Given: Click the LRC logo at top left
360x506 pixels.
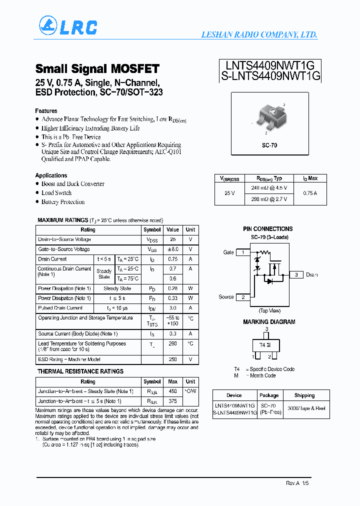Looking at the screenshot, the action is (68, 27).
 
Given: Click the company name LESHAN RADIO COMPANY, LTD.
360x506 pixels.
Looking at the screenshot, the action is (259, 34).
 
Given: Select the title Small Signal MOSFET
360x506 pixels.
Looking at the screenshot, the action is (97, 68).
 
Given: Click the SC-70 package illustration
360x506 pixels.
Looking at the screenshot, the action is (269, 117).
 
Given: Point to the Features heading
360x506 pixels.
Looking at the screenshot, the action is (46, 110).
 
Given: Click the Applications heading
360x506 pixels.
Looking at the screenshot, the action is (51, 175).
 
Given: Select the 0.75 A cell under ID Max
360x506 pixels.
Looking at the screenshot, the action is (310, 192).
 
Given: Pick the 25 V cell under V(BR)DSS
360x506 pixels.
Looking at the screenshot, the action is (229, 192).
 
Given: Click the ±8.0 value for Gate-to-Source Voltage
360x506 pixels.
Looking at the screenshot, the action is (172, 249).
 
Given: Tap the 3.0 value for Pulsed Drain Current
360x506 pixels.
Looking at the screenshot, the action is (172, 308).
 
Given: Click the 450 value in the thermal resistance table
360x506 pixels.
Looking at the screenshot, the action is (172, 391).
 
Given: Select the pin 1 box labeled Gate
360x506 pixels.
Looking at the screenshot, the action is (243, 252).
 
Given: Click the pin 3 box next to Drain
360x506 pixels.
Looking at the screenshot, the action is (296, 274).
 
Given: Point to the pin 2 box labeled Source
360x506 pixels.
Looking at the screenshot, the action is (243, 297).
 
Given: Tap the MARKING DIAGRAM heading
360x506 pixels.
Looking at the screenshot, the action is (269, 322).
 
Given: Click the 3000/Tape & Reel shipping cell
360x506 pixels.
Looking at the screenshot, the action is (306, 408).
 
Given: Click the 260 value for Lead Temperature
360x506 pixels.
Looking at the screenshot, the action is (172, 343).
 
